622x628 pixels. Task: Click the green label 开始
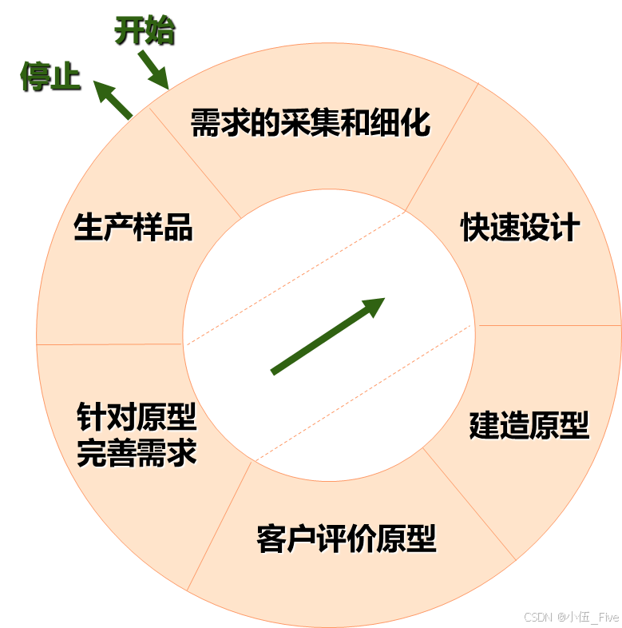tap(144, 30)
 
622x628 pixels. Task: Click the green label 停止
tap(50, 77)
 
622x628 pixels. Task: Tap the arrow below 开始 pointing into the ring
tap(153, 69)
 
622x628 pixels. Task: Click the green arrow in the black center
tap(327, 336)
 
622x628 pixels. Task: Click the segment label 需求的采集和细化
tap(311, 124)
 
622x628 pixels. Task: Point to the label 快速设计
tap(520, 228)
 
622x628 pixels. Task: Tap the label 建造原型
tap(529, 425)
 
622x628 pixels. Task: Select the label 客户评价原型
tap(347, 539)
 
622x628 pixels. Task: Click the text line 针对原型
tap(137, 417)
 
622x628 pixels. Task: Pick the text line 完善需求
tap(137, 454)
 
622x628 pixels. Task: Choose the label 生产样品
tap(133, 227)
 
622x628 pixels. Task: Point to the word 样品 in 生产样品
tap(163, 227)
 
